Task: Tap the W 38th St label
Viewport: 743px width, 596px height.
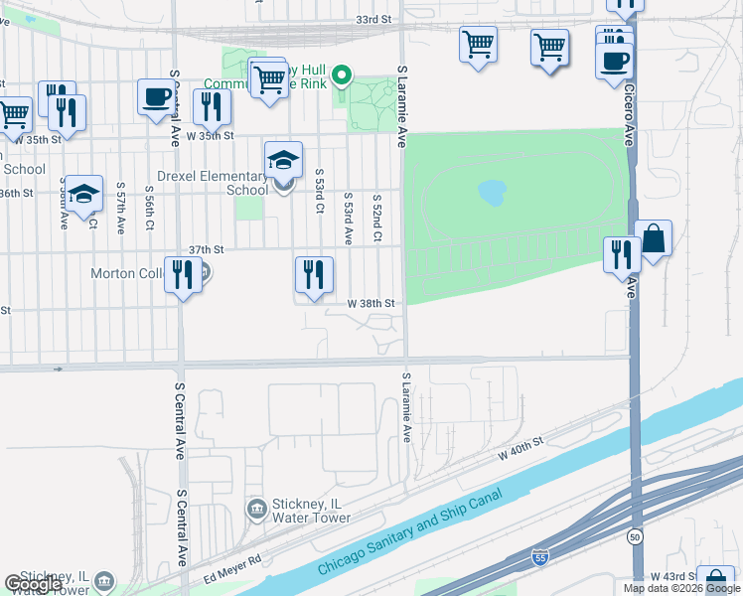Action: click(x=371, y=303)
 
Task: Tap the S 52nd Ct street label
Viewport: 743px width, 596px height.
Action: click(x=377, y=219)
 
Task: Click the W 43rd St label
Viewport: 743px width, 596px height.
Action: click(x=671, y=577)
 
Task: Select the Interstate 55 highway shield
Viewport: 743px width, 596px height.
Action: click(x=539, y=558)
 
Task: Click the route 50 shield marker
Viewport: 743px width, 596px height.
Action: click(x=633, y=537)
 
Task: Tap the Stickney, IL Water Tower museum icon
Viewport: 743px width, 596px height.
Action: click(x=256, y=509)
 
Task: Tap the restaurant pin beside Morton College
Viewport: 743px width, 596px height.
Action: click(x=183, y=274)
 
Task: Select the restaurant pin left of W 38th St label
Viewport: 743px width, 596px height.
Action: click(x=314, y=274)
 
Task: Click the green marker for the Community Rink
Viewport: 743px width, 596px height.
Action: click(x=342, y=74)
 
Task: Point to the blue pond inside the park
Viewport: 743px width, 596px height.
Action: click(x=492, y=192)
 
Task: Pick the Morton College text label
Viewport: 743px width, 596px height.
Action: click(x=125, y=273)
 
